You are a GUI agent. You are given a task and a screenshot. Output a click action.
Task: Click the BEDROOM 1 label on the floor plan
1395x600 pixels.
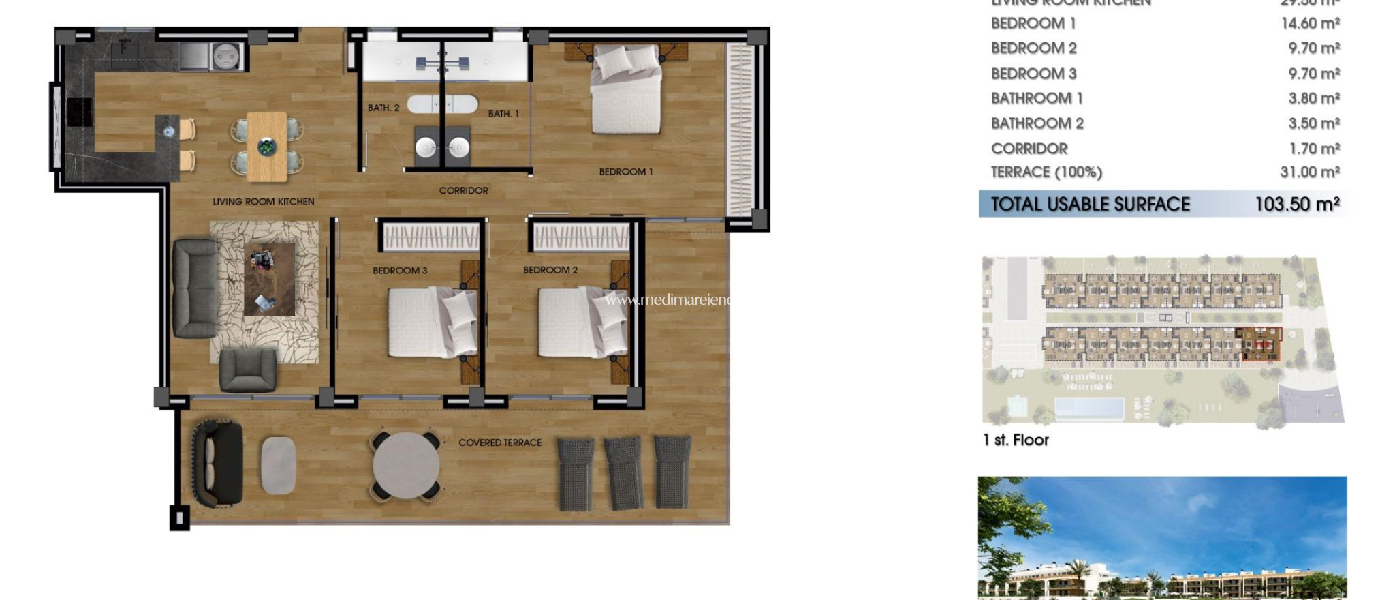625,172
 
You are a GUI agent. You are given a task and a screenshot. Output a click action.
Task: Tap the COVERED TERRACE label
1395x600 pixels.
500,442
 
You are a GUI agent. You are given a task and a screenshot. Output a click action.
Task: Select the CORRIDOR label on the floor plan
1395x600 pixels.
463,190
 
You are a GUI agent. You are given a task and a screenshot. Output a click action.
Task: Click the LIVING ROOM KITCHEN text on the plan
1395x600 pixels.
263,202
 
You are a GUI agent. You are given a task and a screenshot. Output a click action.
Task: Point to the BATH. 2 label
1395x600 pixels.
383,108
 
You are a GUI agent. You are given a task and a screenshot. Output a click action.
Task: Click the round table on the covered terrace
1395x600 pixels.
406,465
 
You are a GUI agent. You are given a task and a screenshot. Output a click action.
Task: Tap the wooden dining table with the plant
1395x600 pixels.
267,147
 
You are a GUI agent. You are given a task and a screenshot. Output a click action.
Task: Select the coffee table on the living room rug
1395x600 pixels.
269,279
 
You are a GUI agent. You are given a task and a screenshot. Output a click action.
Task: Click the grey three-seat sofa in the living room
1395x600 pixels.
195,288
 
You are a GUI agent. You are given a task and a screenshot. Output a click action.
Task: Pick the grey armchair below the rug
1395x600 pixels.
248,370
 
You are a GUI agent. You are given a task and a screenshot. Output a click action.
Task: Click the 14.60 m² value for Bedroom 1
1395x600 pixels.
1310,23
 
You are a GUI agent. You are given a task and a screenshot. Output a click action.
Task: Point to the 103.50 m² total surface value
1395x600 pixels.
1297,204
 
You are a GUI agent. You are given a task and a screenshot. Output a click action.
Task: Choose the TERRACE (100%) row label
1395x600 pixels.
1046,172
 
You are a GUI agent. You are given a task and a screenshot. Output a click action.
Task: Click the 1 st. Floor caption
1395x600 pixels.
1016,440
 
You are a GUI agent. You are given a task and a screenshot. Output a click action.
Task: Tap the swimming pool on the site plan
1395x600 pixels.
1089,409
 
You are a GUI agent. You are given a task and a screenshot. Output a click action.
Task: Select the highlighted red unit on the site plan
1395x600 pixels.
1261,345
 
